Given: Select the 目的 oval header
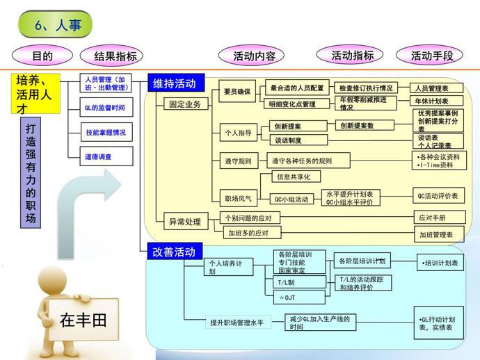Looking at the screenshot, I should click(x=42, y=56).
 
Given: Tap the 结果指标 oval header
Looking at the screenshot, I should click(x=110, y=56).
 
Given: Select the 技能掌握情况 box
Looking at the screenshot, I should click(x=105, y=132).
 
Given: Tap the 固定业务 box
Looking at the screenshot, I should click(x=185, y=104).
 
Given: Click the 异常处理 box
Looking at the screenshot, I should click(x=185, y=222).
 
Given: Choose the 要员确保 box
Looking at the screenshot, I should click(x=237, y=91).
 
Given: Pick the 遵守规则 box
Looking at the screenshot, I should click(x=237, y=161).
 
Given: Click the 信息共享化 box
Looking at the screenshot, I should click(x=295, y=177).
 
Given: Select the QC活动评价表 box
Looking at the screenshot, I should click(x=438, y=197).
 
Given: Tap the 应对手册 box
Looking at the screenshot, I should click(x=432, y=218).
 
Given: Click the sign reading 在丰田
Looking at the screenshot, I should click(x=83, y=320).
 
